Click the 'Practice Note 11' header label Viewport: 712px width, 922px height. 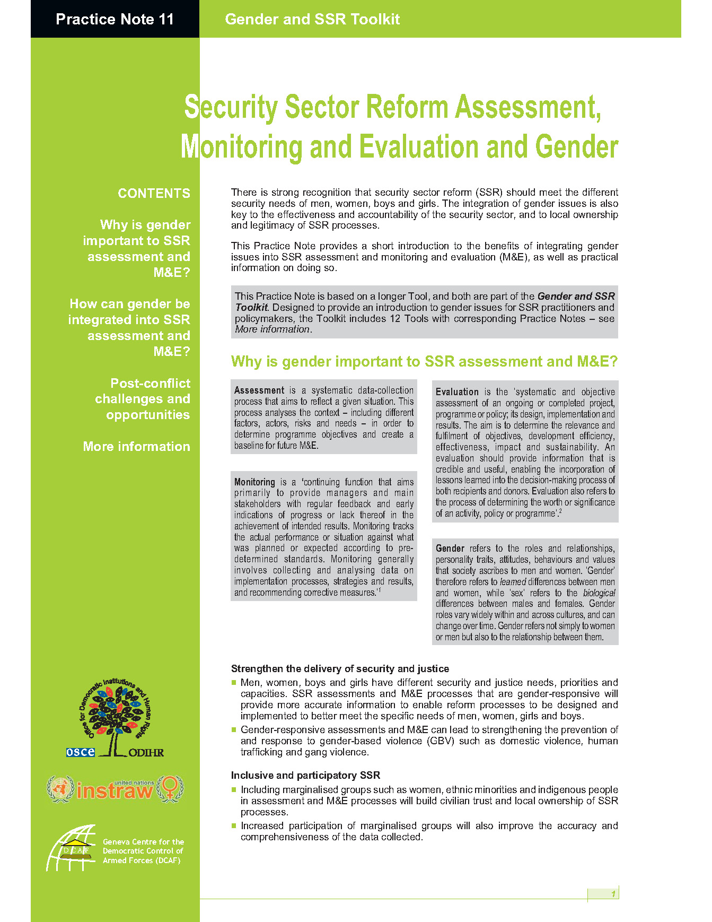(x=115, y=19)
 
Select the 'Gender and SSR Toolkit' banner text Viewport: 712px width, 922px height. (x=312, y=19)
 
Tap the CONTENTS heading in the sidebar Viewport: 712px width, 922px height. (x=154, y=193)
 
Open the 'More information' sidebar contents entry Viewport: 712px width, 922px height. (x=136, y=446)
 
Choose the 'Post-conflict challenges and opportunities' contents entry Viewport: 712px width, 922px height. (x=143, y=399)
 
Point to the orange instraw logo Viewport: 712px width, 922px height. (x=115, y=789)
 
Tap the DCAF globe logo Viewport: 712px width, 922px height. (x=71, y=848)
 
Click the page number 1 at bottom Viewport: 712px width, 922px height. (x=613, y=894)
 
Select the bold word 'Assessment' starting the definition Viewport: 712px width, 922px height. (x=259, y=390)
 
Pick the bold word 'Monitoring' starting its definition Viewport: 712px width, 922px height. (x=254, y=482)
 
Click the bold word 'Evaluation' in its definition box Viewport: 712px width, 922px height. (x=457, y=392)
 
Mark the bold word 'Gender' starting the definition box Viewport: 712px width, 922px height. (x=450, y=549)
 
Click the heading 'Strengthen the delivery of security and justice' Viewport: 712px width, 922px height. (x=340, y=668)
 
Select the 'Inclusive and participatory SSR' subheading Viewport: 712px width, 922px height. (x=305, y=775)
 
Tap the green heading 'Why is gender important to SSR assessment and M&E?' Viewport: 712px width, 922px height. (x=424, y=361)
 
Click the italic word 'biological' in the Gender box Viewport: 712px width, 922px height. (x=599, y=593)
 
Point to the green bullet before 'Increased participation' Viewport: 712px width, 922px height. (x=234, y=826)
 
